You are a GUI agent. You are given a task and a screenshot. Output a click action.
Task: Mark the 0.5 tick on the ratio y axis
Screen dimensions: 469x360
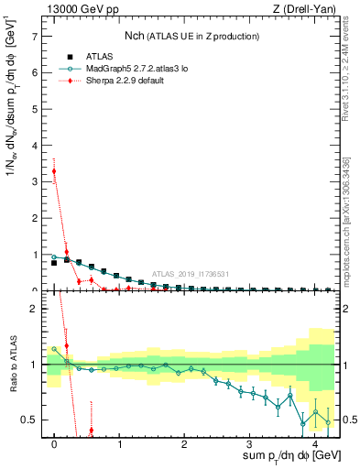(31, 420)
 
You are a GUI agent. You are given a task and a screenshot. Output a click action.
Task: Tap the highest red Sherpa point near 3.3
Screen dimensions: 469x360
(54, 171)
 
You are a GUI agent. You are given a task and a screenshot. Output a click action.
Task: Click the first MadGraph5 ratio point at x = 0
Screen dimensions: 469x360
(54, 349)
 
